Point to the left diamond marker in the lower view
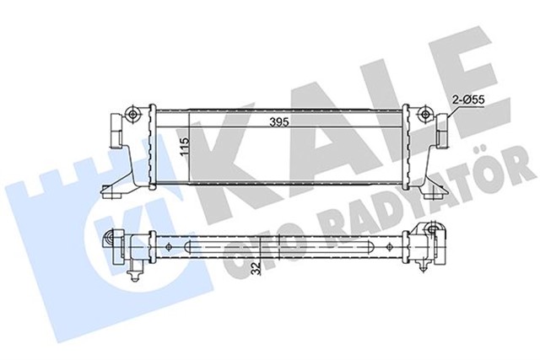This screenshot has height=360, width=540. pyautogui.click(x=170, y=247)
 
